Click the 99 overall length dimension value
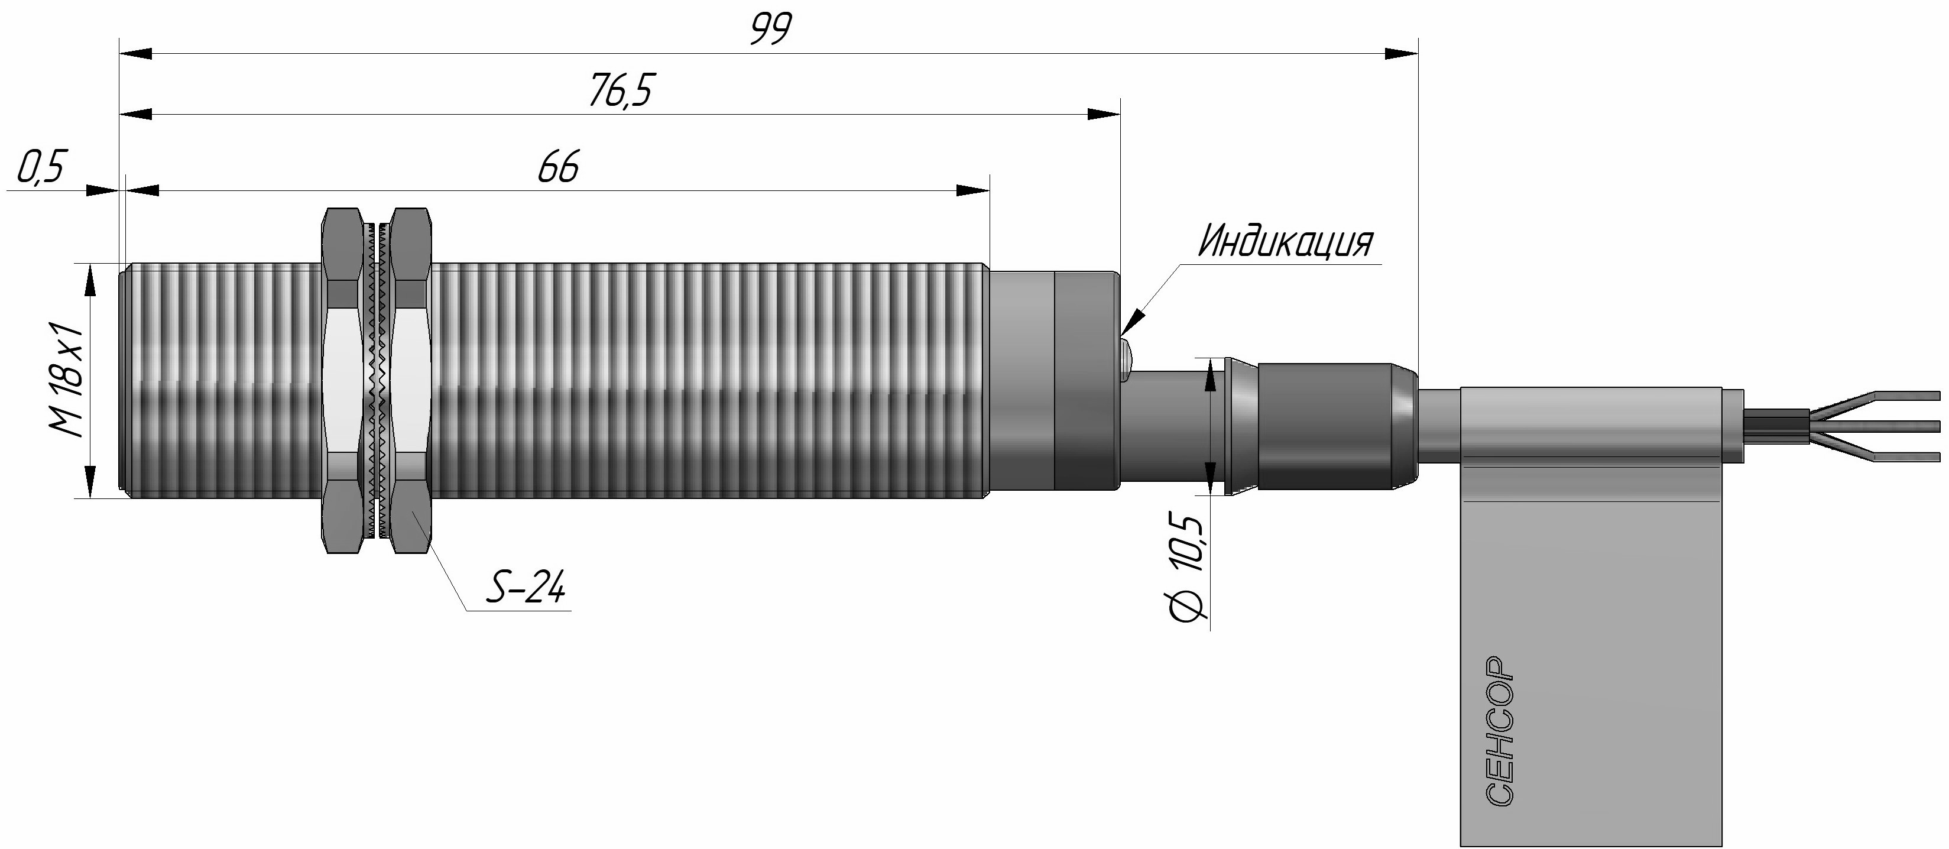771,30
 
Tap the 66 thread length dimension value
559,167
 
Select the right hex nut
411,381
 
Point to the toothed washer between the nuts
376,381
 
